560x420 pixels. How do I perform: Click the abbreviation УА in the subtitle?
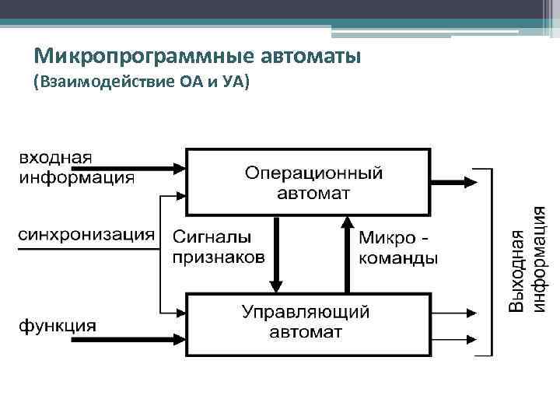click(235, 81)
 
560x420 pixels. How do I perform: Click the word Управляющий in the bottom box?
click(306, 313)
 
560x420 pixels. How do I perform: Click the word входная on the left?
click(55, 157)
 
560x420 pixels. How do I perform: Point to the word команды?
click(398, 257)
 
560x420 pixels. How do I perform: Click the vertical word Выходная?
click(517, 259)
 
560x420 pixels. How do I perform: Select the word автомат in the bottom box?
click(305, 332)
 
